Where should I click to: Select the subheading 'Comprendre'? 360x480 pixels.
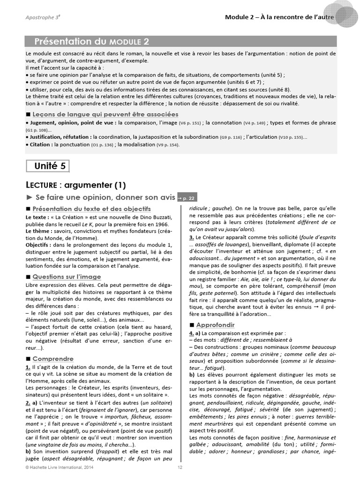(x=53, y=359)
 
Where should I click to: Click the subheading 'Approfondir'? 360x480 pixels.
(x=216, y=325)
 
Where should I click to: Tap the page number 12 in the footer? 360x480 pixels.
(x=180, y=468)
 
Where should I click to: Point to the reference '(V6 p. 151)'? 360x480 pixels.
(x=190, y=123)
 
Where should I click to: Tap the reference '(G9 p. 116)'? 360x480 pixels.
(x=231, y=137)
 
